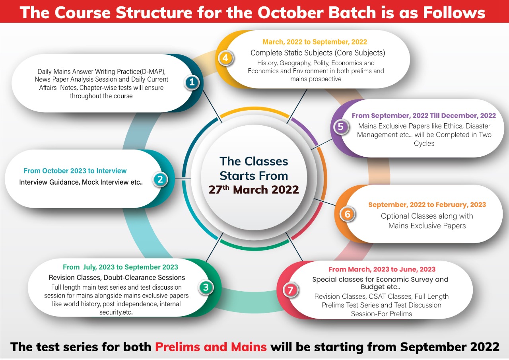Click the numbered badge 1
click(x=192, y=82)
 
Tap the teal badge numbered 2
click(x=160, y=179)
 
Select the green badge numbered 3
click(x=206, y=287)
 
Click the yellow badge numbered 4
click(x=225, y=58)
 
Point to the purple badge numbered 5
click(x=341, y=126)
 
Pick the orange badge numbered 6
click(x=348, y=214)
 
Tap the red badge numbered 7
click(x=291, y=290)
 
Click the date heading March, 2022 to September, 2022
click(x=315, y=42)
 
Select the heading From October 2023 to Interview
click(x=75, y=171)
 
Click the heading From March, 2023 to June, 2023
click(x=382, y=269)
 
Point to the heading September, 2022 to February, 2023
click(x=427, y=204)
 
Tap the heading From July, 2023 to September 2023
click(x=120, y=267)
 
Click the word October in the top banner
click(x=290, y=12)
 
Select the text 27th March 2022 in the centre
click(x=254, y=189)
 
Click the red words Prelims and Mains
click(x=211, y=347)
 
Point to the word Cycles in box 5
click(x=424, y=144)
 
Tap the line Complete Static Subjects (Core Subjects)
click(x=318, y=53)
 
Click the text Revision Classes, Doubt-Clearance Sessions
click(x=117, y=278)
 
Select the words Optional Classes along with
click(x=427, y=216)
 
